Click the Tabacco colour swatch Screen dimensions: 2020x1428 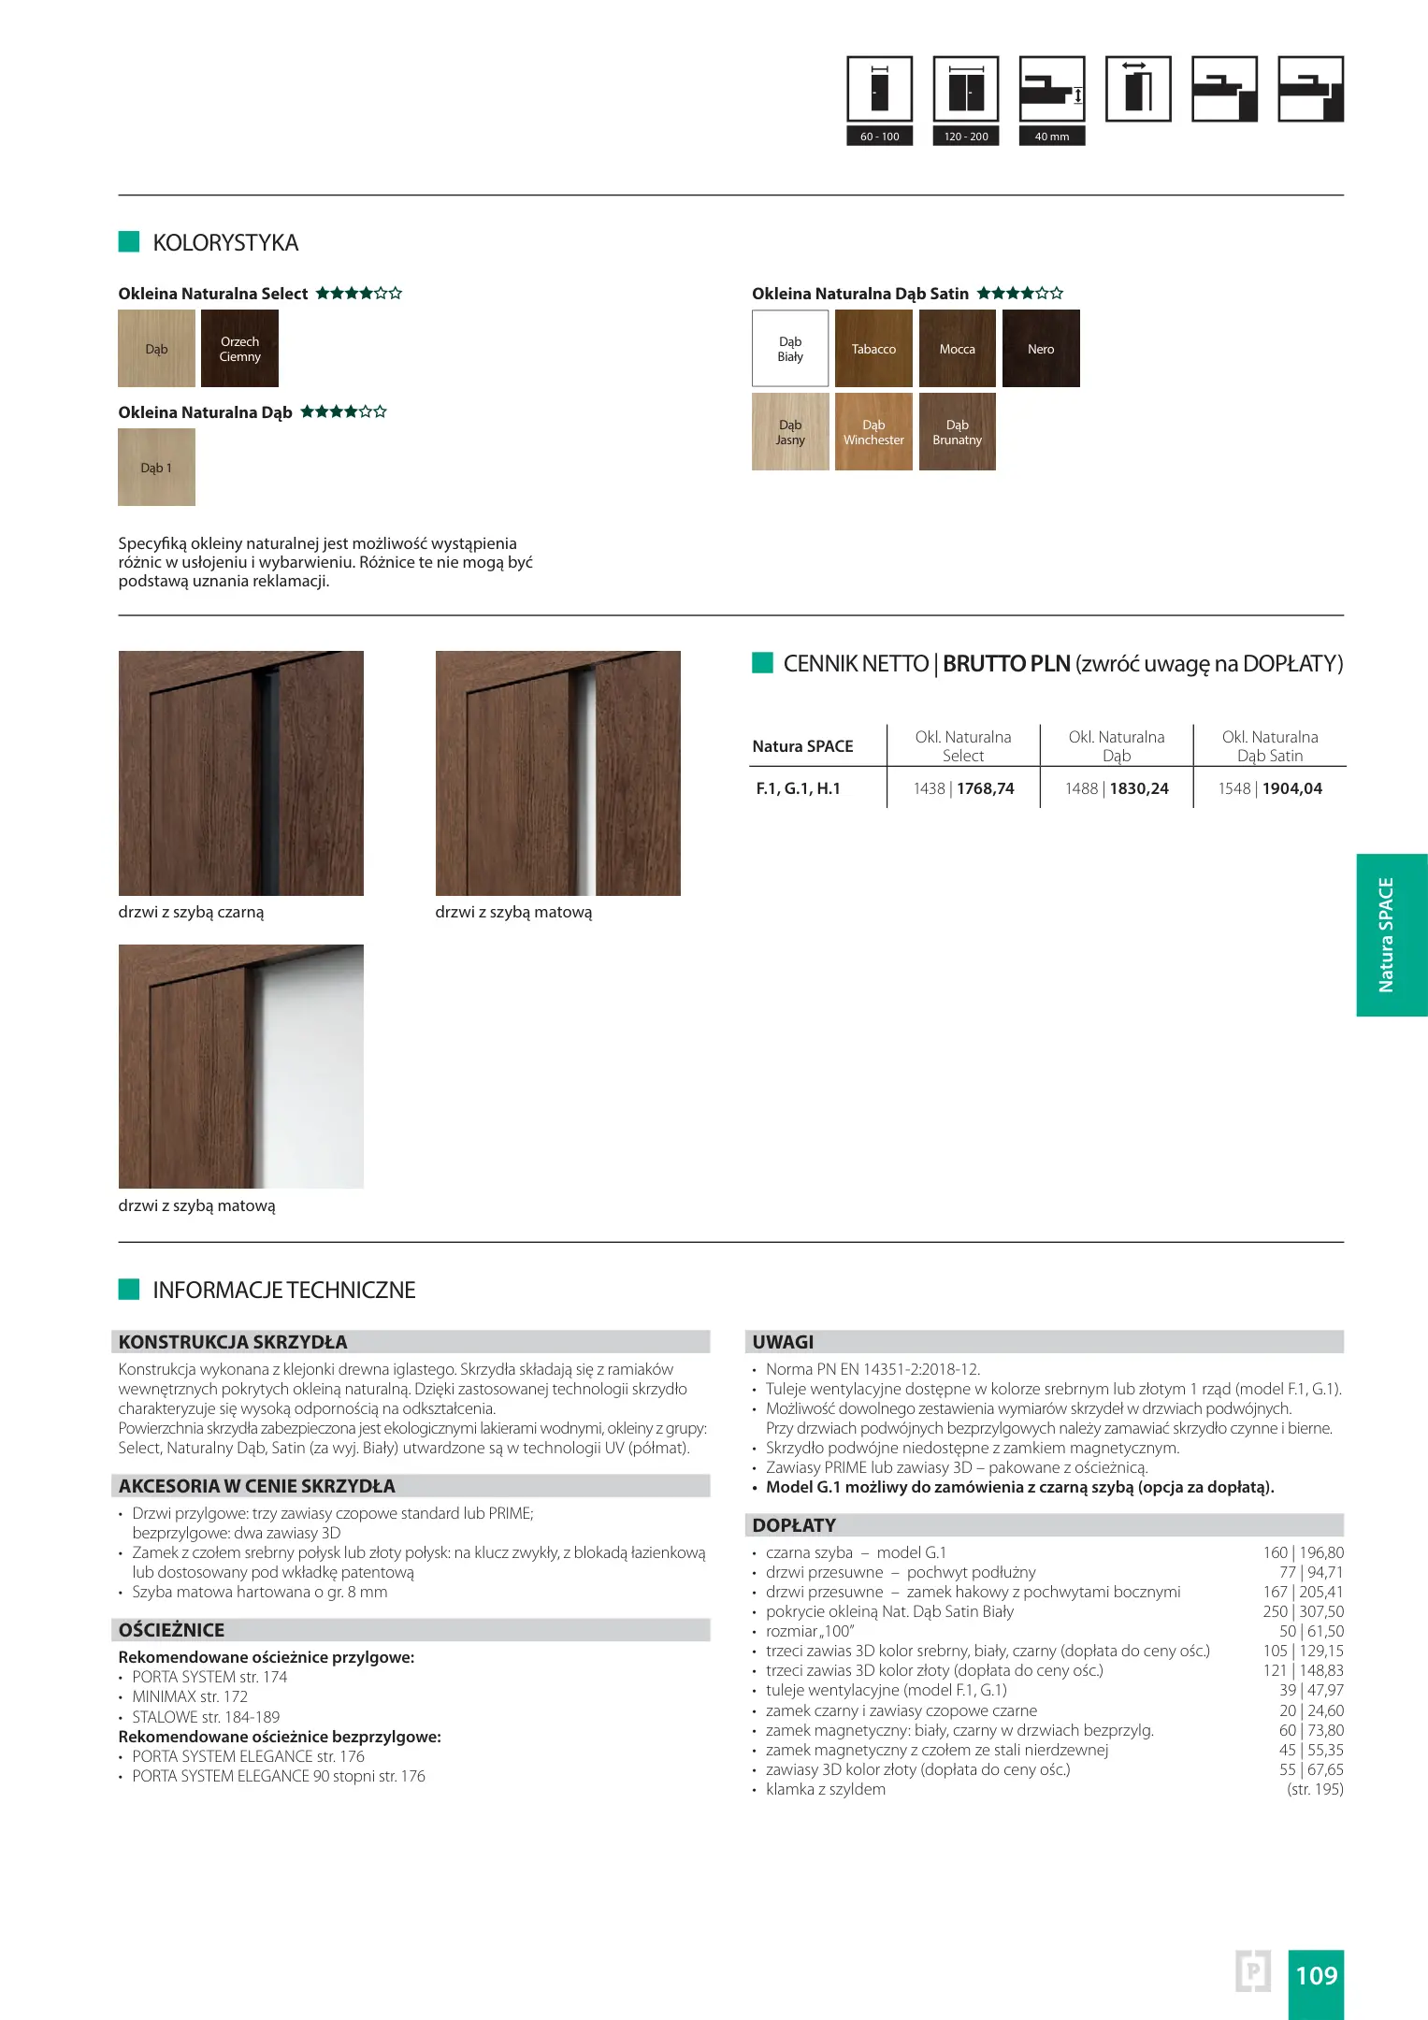tap(873, 349)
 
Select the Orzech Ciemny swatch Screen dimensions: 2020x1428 tap(239, 349)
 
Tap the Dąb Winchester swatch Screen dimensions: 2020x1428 tap(873, 432)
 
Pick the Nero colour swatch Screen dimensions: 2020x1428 tap(1041, 349)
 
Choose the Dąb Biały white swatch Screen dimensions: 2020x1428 tap(790, 349)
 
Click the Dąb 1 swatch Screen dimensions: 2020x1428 tap(156, 468)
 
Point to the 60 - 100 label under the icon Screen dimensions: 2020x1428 tap(879, 137)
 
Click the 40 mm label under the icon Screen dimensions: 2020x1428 tap(1052, 137)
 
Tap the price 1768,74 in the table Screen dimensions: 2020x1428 tap(986, 788)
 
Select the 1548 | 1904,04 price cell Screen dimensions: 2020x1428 tap(1270, 788)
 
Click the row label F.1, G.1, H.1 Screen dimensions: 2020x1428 tap(798, 788)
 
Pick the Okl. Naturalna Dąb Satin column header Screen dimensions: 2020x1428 tap(1270, 746)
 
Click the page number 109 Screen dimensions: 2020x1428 tap(1316, 1975)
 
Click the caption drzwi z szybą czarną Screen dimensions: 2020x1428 tap(191, 912)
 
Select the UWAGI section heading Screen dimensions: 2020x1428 tap(783, 1342)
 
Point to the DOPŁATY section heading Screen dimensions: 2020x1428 tap(794, 1525)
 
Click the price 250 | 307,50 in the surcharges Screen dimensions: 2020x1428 tap(1303, 1611)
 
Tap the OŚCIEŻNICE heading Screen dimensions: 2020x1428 tap(171, 1630)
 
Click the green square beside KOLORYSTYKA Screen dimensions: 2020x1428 tap(129, 241)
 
